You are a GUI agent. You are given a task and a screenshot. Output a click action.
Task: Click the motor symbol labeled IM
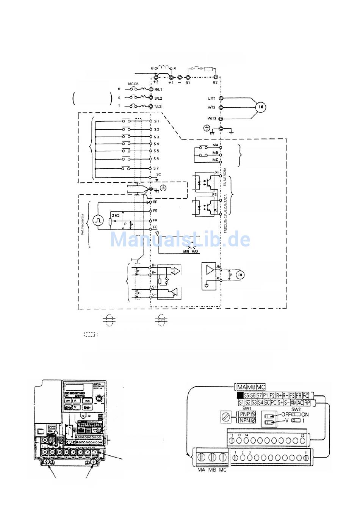click(261, 107)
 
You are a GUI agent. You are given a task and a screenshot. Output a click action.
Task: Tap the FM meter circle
click(240, 274)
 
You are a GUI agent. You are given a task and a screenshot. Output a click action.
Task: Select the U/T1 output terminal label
click(211, 99)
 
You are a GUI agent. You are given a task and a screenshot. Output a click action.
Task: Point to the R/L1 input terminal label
click(158, 90)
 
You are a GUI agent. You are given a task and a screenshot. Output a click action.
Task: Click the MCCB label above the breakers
click(133, 83)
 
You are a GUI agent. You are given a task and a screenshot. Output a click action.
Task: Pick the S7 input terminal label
click(157, 168)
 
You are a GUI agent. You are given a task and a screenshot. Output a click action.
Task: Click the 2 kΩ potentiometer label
click(115, 215)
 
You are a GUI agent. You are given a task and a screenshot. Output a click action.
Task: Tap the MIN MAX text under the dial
click(191, 251)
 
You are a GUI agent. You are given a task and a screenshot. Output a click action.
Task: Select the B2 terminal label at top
click(215, 83)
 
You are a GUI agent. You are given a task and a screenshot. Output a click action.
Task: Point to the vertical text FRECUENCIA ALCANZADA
click(226, 213)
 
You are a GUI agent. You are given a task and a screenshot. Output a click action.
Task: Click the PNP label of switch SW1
click(244, 414)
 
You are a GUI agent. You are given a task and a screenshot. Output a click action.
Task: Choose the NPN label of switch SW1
click(244, 420)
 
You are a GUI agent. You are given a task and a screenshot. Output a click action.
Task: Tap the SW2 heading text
click(296, 409)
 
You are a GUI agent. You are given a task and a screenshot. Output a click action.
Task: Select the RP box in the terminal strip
click(307, 402)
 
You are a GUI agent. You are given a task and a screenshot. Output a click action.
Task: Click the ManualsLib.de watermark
click(180, 240)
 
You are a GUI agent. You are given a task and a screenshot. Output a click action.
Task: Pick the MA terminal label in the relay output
click(215, 146)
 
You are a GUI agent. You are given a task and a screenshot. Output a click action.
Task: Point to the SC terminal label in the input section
click(159, 174)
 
